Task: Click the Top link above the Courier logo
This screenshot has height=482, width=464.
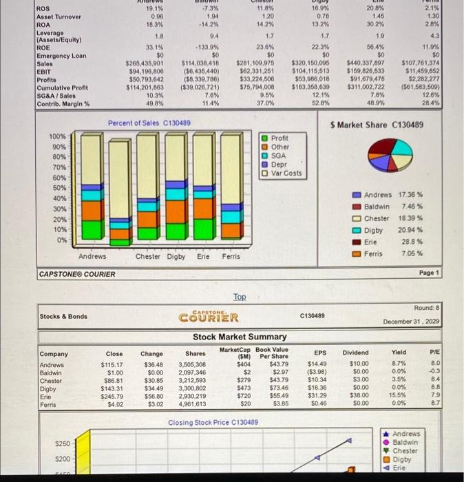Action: pos(239,296)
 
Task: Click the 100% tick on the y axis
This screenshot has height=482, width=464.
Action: pos(58,136)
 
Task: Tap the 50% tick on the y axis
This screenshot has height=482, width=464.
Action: pos(59,188)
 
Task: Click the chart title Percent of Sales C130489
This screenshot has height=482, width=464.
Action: pos(149,123)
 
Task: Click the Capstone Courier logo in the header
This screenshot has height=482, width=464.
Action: pos(209,317)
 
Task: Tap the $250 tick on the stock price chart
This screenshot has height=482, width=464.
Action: pos(63,443)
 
